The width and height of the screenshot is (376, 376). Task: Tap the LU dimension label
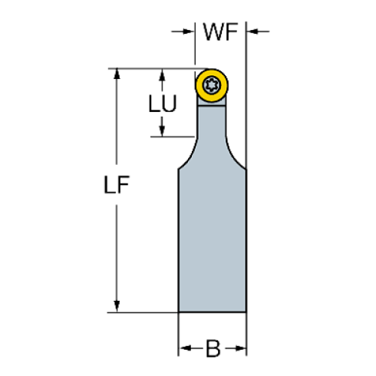(163, 104)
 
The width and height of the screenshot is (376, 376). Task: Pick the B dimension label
(213, 350)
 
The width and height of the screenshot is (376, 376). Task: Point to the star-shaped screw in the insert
(211, 84)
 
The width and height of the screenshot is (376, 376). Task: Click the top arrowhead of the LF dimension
(117, 74)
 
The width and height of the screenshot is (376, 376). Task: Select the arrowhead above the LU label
(162, 74)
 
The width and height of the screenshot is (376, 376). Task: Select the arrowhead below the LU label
(162, 130)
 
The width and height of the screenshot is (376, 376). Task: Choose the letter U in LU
(170, 104)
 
